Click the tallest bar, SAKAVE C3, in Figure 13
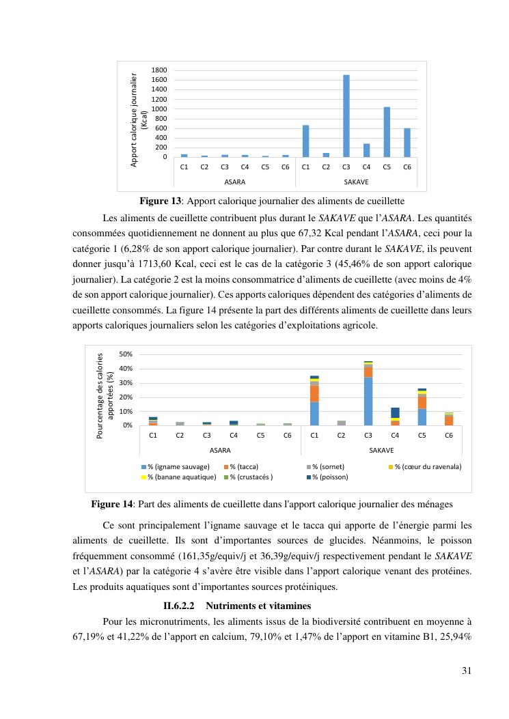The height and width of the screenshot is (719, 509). [x=346, y=116]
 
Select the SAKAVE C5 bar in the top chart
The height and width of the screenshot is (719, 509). [x=387, y=132]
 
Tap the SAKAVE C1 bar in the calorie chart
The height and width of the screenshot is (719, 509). [x=305, y=141]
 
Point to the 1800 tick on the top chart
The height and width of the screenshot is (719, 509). [x=159, y=70]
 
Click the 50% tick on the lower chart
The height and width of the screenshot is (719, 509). [x=126, y=354]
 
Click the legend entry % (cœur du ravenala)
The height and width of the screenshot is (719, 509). [x=428, y=466]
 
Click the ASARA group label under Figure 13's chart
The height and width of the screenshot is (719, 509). [x=234, y=182]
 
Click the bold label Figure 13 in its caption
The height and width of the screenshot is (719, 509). [x=161, y=201]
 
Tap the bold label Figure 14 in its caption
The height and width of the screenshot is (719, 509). [x=112, y=505]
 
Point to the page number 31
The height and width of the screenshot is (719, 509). [x=467, y=670]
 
